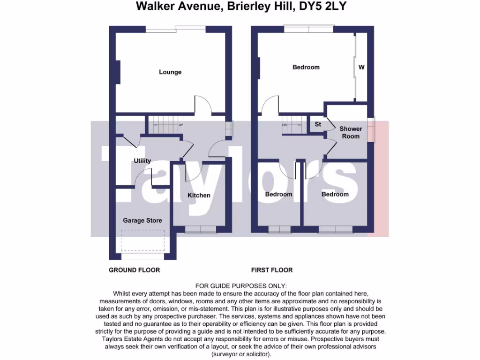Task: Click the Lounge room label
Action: click(170, 72)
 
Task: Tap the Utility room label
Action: click(142, 161)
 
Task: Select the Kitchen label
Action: click(199, 195)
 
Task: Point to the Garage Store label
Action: click(142, 220)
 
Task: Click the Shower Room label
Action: click(351, 132)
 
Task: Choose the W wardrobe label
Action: click(361, 67)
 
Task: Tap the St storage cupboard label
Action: click(318, 125)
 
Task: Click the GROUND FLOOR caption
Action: click(134, 270)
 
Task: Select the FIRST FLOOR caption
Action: click(272, 270)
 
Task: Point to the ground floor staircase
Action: click(166, 125)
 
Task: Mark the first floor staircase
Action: click(293, 125)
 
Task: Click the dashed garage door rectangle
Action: click(142, 240)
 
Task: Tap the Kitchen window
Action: click(201, 229)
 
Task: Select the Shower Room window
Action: click(371, 130)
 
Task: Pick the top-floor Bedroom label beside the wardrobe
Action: click(306, 67)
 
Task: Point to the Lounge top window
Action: click(175, 29)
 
